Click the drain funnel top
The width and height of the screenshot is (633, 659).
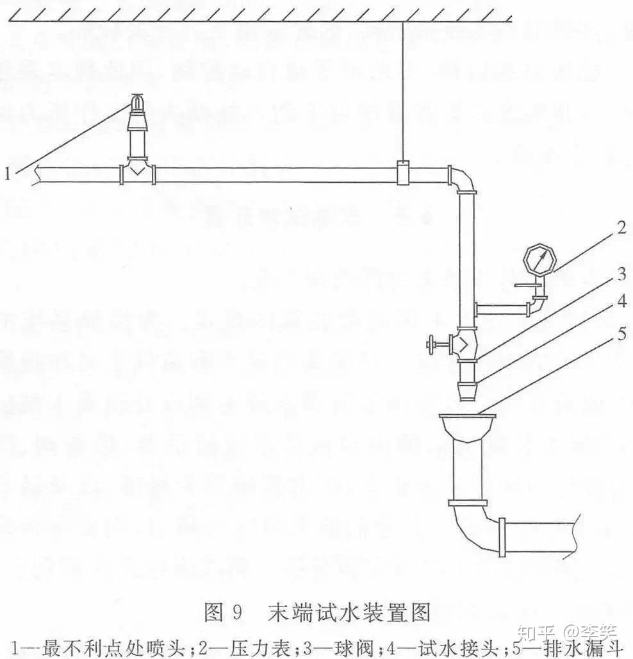pyautogui.click(x=468, y=422)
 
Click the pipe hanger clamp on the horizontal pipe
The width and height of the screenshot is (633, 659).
pyautogui.click(x=403, y=173)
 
